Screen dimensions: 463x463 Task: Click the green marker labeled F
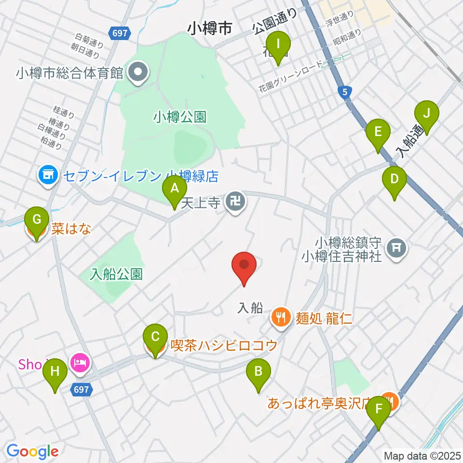(379, 413)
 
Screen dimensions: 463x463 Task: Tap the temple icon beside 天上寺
(236, 203)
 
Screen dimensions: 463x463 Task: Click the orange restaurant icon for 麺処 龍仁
(281, 317)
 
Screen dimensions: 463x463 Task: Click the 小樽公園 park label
(180, 116)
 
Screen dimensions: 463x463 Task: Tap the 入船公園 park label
(117, 274)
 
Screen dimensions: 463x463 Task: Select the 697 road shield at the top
(119, 33)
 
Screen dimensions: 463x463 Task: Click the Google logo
(32, 451)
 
